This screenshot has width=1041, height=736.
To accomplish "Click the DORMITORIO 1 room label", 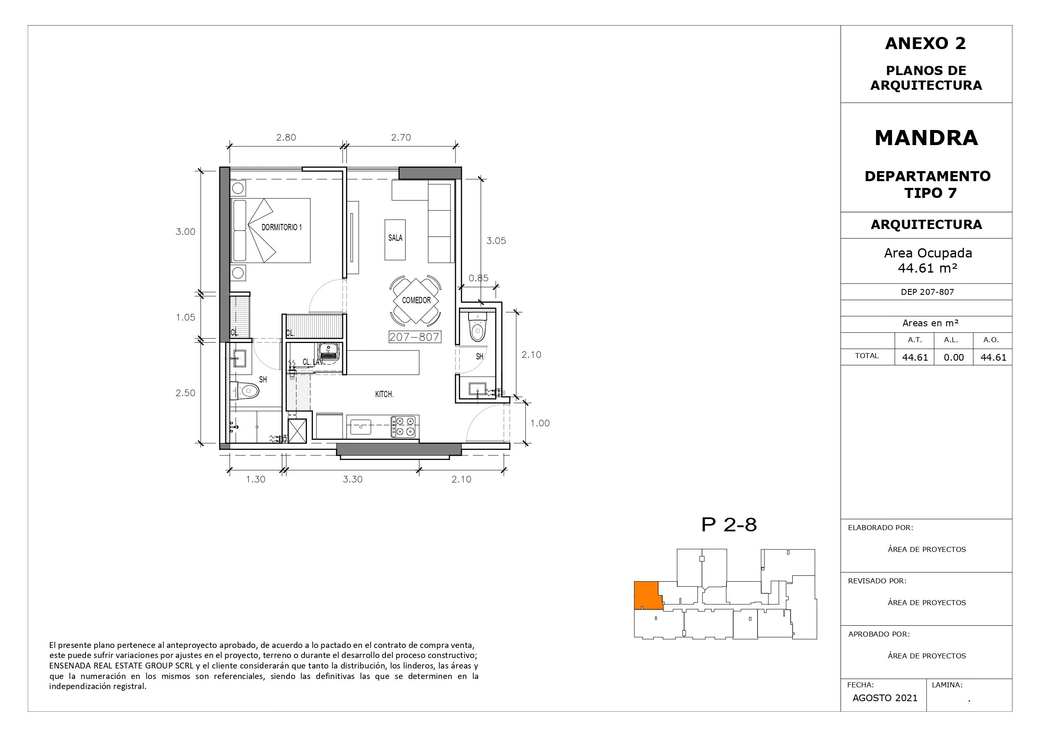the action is click(281, 227).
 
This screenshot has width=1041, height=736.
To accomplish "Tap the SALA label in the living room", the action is click(395, 238).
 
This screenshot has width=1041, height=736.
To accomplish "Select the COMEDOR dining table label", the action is click(416, 300).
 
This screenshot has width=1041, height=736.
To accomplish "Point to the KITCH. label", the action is click(384, 395).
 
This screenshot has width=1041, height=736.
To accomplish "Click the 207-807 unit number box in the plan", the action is click(414, 337).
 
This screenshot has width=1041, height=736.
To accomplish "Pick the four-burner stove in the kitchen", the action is click(403, 427).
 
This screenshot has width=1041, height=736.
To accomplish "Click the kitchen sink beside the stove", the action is click(361, 427).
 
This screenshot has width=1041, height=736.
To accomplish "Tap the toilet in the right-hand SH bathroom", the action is click(477, 326).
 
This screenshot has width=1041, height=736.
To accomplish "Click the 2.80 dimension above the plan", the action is click(286, 138).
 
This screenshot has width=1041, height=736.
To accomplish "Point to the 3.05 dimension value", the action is click(496, 241).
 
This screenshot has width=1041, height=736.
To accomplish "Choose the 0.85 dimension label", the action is click(478, 278).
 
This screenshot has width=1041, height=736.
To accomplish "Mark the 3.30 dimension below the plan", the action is click(352, 479).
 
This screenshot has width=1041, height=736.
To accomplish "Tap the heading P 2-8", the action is click(729, 525).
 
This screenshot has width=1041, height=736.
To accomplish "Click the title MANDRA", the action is click(926, 138).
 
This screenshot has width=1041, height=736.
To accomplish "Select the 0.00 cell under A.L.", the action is click(953, 357).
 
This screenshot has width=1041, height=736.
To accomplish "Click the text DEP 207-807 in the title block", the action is click(927, 292).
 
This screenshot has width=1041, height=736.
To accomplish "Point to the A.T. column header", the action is click(914, 340).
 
